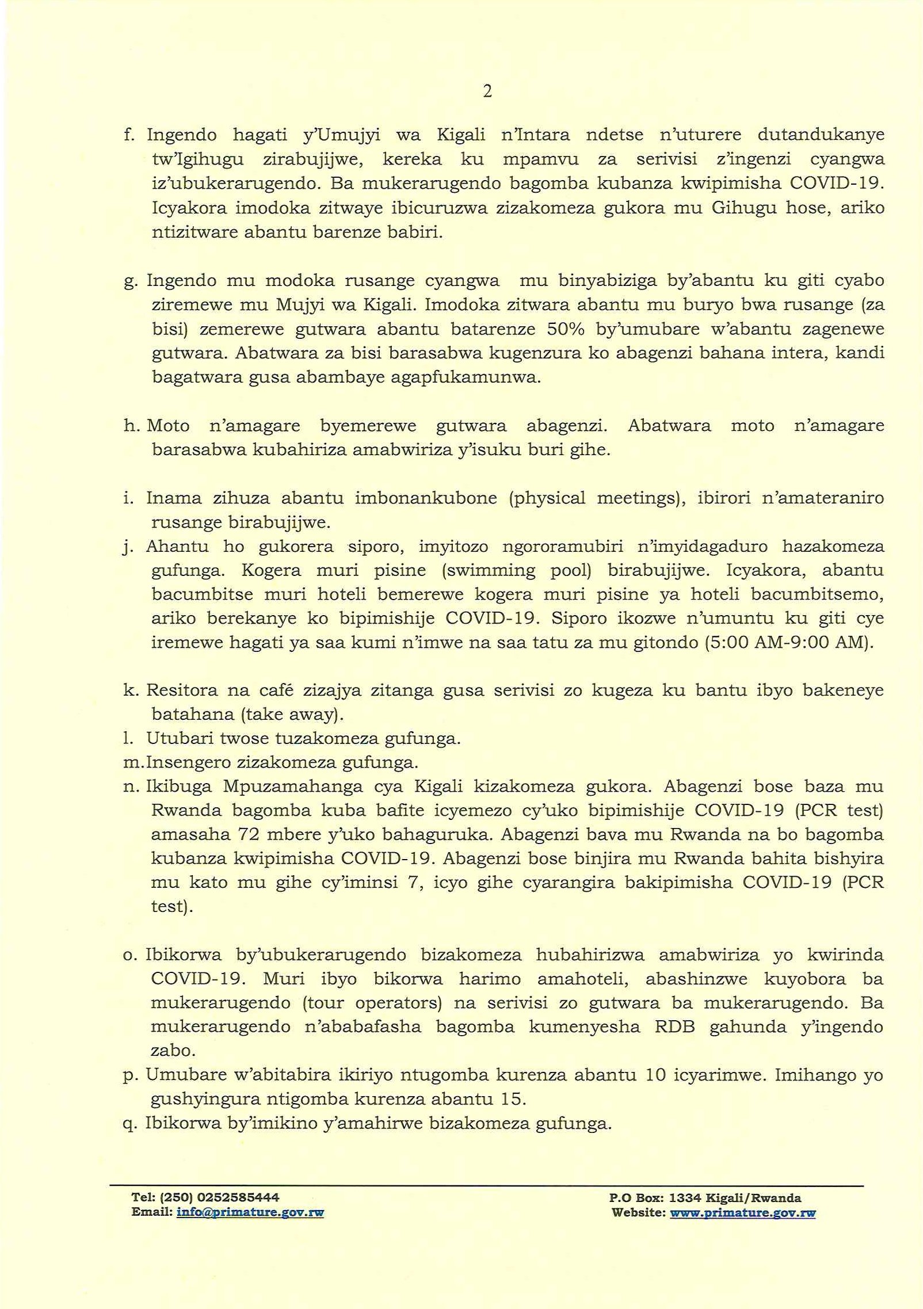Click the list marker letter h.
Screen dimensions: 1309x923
(129, 426)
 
